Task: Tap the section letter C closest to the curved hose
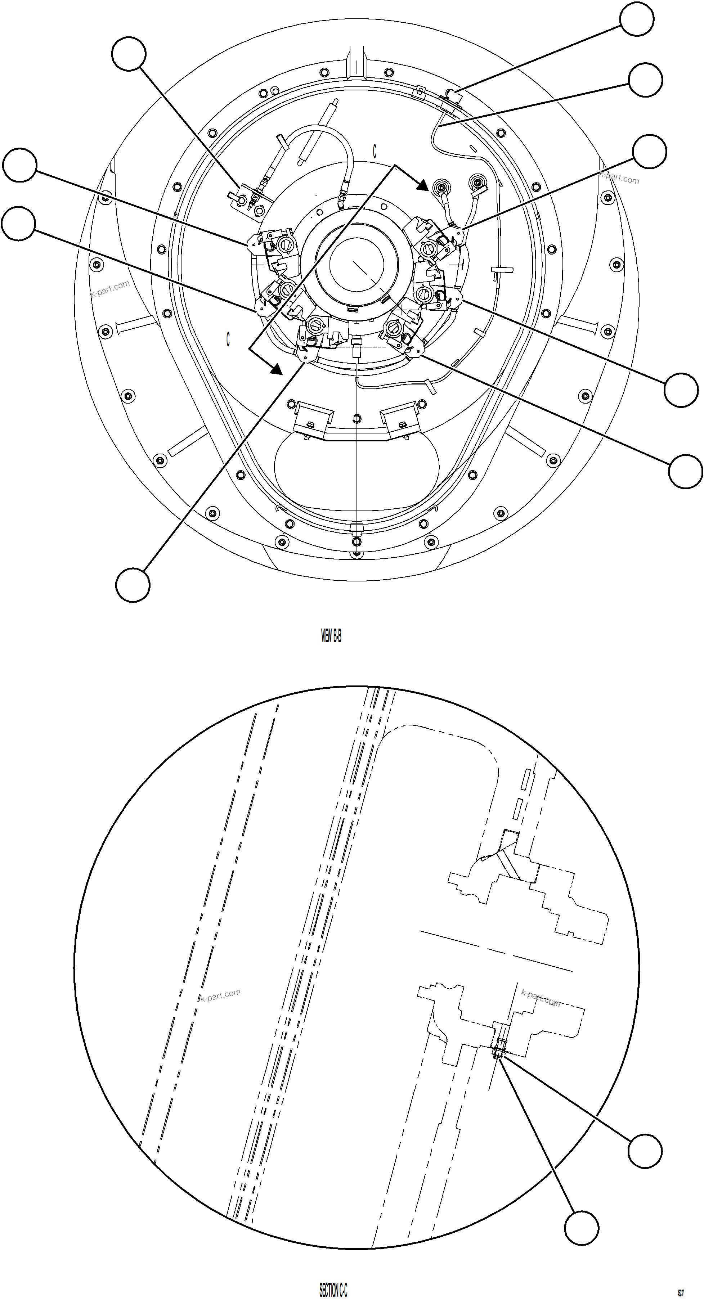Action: click(x=375, y=152)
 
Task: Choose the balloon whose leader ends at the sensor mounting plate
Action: click(x=129, y=54)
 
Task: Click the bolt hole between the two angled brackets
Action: click(x=357, y=418)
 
